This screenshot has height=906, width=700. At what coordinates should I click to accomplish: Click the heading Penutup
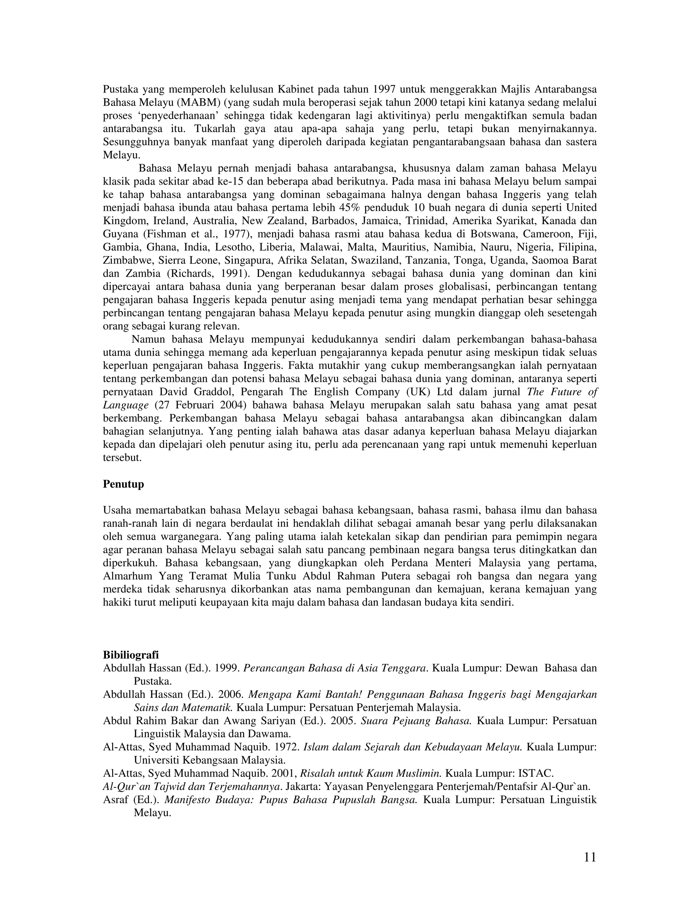point(123,484)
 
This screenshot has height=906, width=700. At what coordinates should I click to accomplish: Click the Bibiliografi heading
point(131,655)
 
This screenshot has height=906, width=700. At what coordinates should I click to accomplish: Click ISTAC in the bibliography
point(536,774)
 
